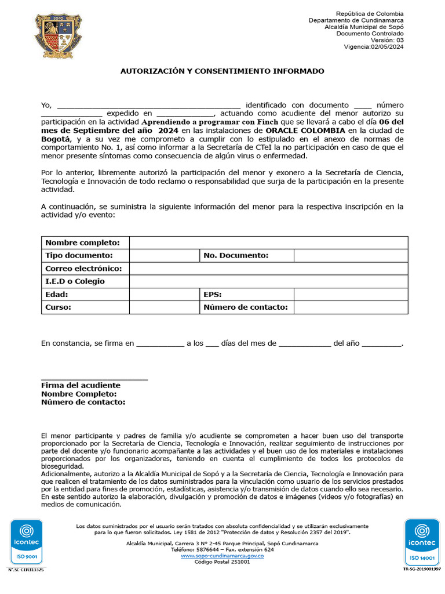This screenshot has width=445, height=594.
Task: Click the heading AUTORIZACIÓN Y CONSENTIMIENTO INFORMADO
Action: pos(222,71)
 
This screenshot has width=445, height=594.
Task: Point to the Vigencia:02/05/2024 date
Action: pos(374,47)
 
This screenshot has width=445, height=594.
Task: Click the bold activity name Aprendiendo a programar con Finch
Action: pos(210,122)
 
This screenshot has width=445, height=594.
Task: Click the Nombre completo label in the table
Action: pos(82,242)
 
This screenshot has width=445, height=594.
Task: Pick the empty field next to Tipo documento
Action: pos(164,255)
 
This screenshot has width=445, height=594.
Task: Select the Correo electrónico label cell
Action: pos(83,269)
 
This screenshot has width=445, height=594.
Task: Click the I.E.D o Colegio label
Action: pos(75,281)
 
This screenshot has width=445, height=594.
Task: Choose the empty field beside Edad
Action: pos(164,295)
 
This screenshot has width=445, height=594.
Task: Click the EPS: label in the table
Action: pos(213,295)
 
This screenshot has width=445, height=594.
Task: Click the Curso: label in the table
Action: pos(59,307)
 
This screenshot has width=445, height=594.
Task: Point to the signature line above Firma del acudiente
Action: pos(94,379)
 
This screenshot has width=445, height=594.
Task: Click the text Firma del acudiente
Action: pos(81,385)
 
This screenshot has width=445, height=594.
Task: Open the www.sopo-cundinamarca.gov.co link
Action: pos(222,556)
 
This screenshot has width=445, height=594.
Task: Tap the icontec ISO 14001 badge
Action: pos(422,542)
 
